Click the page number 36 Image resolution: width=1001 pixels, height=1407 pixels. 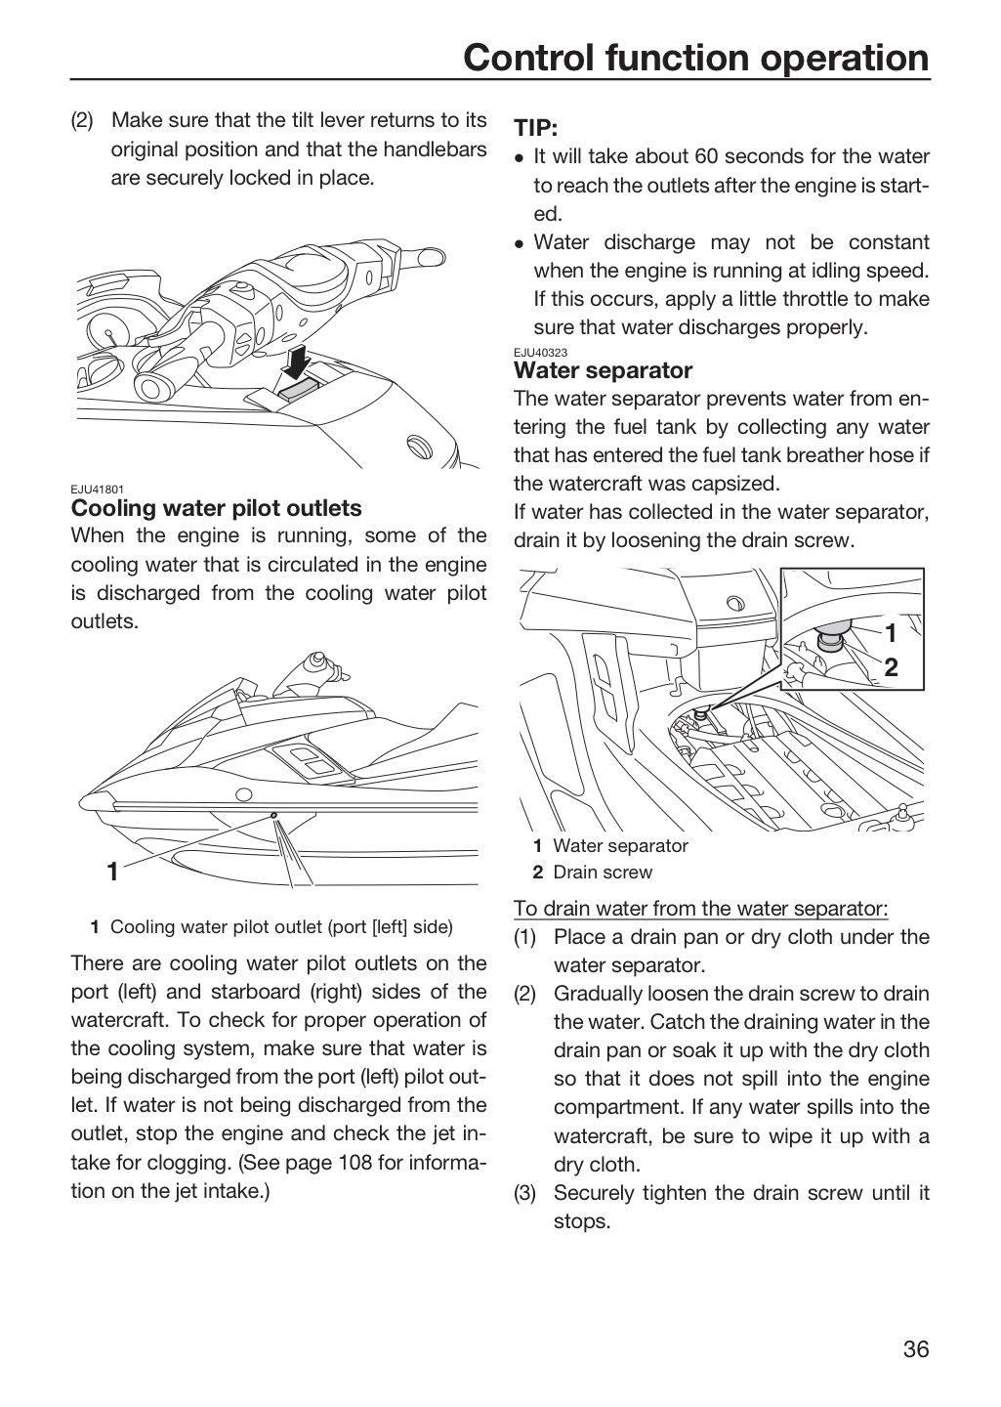point(916,1349)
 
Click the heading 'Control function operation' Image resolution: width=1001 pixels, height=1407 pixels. point(696,58)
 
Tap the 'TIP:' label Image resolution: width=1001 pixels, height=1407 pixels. point(536,127)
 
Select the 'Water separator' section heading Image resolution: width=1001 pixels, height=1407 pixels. point(603,370)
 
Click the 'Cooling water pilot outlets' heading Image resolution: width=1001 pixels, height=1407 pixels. point(216,507)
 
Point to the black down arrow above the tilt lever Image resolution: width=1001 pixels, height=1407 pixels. point(297,362)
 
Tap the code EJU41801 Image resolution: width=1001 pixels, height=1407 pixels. point(98,489)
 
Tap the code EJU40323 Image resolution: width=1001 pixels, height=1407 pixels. point(540,353)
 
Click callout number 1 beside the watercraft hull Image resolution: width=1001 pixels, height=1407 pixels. point(112,872)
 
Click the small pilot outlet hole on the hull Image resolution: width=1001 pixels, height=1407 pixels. point(273,815)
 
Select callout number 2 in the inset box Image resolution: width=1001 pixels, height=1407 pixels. point(891,667)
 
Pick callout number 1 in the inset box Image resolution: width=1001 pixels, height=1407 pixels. point(891,634)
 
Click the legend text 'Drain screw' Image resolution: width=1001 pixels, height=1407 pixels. point(603,872)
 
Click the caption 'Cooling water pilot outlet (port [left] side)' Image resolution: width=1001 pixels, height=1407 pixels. point(281,927)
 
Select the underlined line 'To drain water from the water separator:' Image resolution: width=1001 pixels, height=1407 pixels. point(701,909)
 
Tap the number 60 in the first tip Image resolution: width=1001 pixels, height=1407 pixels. point(706,156)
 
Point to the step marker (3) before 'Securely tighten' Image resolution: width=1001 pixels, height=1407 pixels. point(525,1193)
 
